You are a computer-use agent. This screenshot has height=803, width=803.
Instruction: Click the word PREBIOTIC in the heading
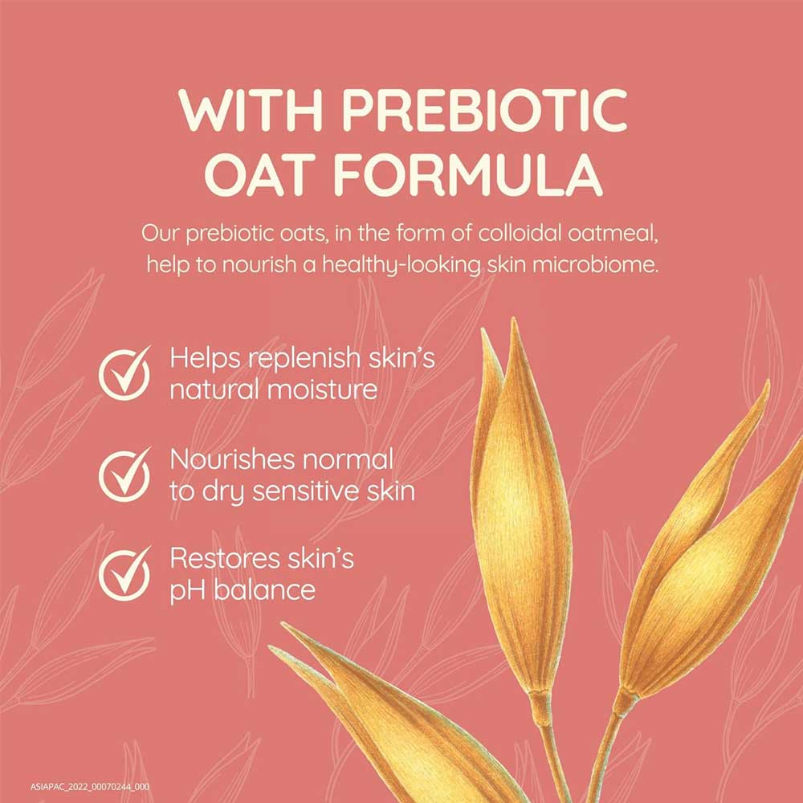tap(484, 110)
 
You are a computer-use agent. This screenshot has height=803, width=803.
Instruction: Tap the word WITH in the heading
tap(251, 110)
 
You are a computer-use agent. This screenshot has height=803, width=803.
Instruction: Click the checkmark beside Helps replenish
tap(124, 373)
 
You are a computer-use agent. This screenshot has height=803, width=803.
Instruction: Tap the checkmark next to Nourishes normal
tap(124, 474)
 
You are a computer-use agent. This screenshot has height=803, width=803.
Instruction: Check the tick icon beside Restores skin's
tap(124, 573)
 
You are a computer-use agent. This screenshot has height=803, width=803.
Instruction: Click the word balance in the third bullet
tap(264, 589)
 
